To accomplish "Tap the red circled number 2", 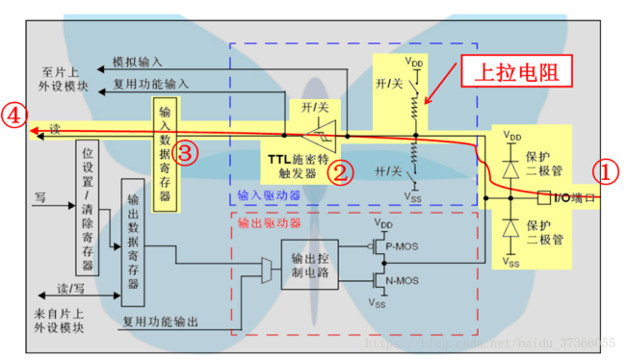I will coord(338,173).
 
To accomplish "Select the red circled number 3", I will coord(188,153).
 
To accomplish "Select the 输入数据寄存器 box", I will coord(165,152).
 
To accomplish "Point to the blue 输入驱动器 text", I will coord(270,195).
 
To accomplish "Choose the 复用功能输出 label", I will coord(160,321).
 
